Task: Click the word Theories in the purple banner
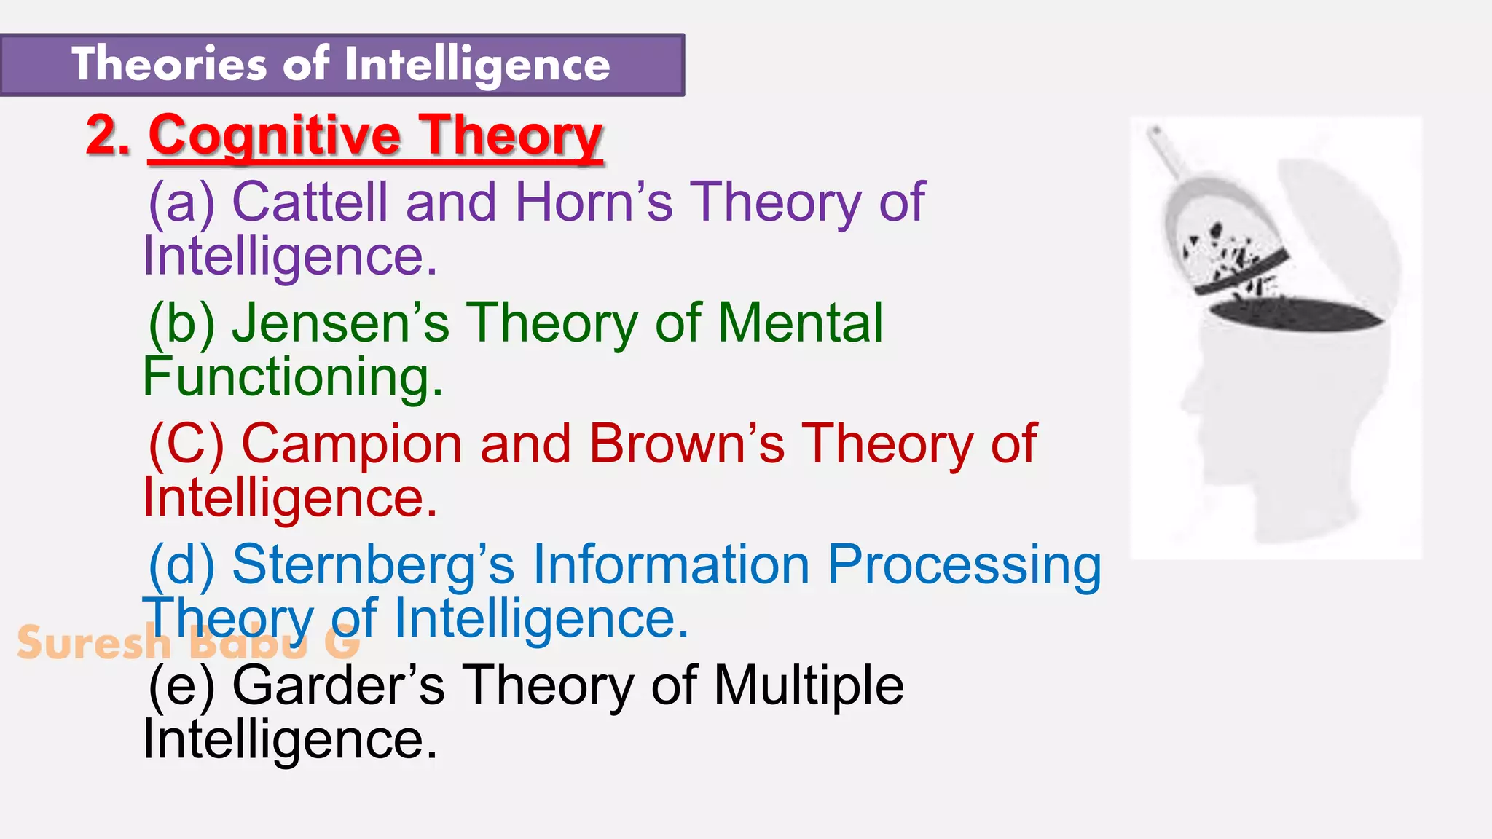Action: click(169, 64)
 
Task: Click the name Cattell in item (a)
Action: click(310, 202)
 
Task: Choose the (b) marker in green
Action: click(181, 323)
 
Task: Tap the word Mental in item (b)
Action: click(800, 323)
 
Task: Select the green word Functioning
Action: click(292, 377)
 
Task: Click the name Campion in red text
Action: click(351, 444)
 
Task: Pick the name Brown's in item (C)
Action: click(686, 444)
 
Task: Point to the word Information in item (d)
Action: click(671, 565)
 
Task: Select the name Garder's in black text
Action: click(338, 686)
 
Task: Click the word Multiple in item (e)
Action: click(809, 686)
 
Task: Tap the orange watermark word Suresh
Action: click(93, 643)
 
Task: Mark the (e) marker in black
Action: click(181, 686)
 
